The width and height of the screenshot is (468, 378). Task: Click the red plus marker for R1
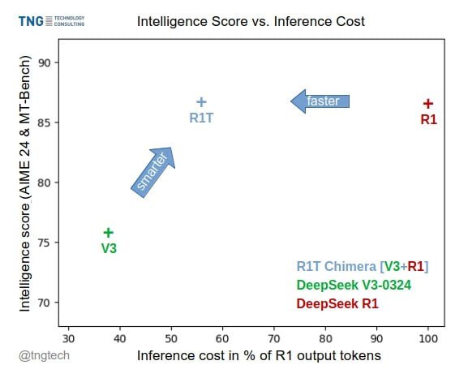(428, 103)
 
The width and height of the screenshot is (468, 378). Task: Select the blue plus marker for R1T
(201, 102)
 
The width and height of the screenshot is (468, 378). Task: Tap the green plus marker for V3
(109, 233)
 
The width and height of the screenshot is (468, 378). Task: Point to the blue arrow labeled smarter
(152, 171)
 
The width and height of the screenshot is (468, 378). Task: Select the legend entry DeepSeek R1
(337, 303)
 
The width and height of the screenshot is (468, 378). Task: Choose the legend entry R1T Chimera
(363, 266)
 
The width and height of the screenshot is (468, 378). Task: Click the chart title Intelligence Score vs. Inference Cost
(250, 20)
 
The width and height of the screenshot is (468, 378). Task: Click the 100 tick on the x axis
(429, 337)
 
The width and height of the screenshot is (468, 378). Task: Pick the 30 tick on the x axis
(69, 337)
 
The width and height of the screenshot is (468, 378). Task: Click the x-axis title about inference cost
(259, 355)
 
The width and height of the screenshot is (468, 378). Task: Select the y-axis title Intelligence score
(25, 184)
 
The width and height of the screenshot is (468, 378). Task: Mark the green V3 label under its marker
(109, 248)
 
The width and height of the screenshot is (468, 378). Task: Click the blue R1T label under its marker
(201, 118)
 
